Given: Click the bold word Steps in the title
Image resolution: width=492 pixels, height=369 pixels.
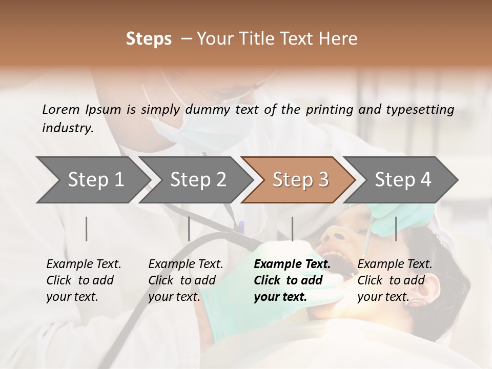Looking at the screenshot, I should coord(149,39).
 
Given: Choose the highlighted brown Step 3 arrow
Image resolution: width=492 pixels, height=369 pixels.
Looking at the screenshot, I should coord(300,180).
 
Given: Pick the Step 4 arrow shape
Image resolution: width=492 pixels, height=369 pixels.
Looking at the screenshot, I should coord(403,180).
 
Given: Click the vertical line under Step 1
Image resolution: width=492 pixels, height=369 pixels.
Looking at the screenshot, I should coord(87,229).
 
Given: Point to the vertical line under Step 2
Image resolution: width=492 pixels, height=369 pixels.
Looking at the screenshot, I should coord(189,229).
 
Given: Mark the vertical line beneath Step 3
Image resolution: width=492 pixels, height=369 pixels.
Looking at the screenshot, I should coord(292,229).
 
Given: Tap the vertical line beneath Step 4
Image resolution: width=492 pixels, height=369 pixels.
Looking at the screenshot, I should coord(396,229).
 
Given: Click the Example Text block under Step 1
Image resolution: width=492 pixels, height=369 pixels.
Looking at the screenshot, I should coord(84,280).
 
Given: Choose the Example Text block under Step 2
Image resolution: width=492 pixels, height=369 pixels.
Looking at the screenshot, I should coord(186,280).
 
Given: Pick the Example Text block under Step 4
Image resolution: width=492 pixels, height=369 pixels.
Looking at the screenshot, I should coord(395,280).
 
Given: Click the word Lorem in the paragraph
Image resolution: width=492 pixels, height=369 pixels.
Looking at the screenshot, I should coord(61,109).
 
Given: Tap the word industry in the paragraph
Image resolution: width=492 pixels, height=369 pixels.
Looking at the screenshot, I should coord(67,128).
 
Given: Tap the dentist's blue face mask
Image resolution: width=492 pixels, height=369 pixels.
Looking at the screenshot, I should coord(205,128).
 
